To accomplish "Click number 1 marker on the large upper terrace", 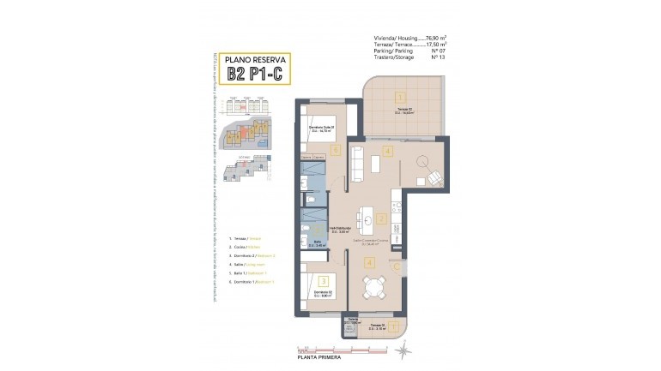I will [x=399, y=97].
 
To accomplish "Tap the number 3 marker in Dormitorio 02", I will [x=322, y=279].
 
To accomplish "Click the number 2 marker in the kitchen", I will [x=380, y=218].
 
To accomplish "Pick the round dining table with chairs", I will [x=375, y=290].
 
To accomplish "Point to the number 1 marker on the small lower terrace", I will [x=393, y=326].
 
